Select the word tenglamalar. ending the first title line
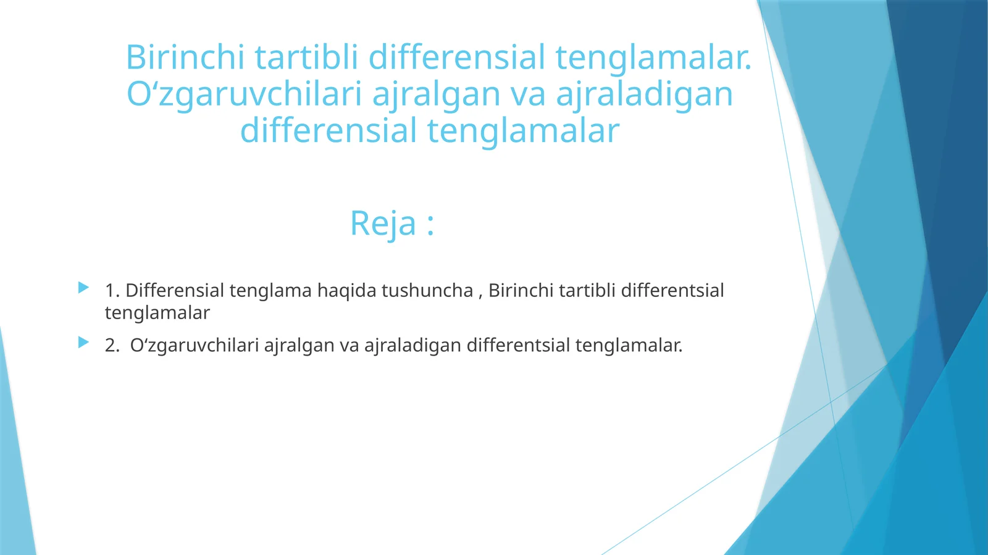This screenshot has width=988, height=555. (653, 57)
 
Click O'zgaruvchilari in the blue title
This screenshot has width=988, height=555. (245, 94)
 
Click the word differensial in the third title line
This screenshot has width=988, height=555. (329, 131)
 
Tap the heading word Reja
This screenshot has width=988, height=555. (383, 223)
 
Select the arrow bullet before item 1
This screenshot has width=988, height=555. (83, 288)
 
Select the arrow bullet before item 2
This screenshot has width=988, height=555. (83, 342)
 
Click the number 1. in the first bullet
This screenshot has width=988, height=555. (112, 290)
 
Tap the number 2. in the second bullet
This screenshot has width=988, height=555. (112, 345)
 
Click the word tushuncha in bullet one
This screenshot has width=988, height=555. (427, 290)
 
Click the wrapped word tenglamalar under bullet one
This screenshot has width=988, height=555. (157, 313)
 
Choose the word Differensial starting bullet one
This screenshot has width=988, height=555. (175, 290)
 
